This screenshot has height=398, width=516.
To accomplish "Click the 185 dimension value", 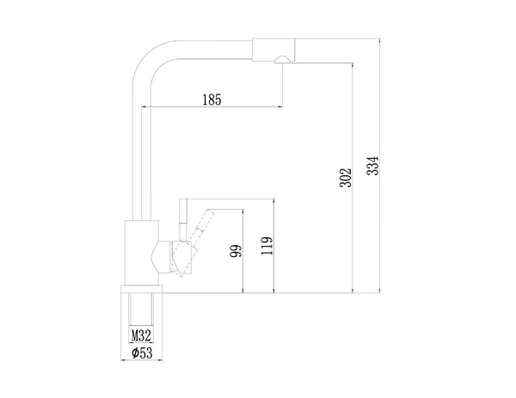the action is (x=212, y=100).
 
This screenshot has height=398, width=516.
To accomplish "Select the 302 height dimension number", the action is (x=346, y=178).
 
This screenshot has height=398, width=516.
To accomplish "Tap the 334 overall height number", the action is (x=373, y=166).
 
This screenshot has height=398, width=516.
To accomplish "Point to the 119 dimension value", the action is (x=267, y=246).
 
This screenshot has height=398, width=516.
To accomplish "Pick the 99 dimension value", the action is (x=236, y=251).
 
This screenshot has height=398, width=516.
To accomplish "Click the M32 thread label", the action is (x=141, y=336).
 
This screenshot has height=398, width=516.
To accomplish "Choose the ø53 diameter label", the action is (x=142, y=353).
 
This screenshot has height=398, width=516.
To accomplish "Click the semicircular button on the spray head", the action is (x=282, y=58).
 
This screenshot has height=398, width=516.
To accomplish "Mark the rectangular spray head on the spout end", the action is (x=273, y=50).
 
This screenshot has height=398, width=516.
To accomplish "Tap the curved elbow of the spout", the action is (x=150, y=57).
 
